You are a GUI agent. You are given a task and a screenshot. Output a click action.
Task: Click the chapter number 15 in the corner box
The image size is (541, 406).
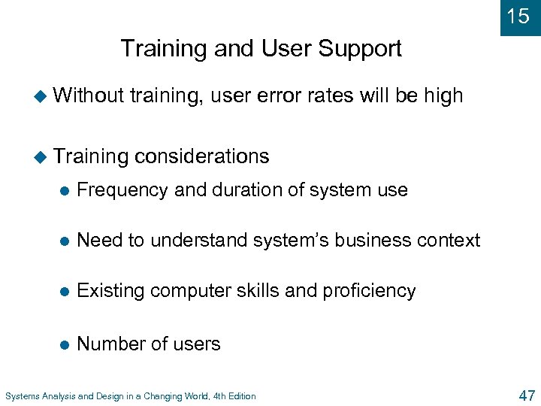518,16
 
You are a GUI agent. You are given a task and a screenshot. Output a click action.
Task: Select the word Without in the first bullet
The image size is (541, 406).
89,95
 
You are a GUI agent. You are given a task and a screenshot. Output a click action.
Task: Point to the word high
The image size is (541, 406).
443,95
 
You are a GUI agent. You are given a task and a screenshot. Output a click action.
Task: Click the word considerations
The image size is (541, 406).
202,156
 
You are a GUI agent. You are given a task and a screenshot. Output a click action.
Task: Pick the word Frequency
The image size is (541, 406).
122,190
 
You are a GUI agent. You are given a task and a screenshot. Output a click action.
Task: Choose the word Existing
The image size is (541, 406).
111,291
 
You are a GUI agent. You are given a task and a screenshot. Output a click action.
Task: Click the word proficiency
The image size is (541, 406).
370,291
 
